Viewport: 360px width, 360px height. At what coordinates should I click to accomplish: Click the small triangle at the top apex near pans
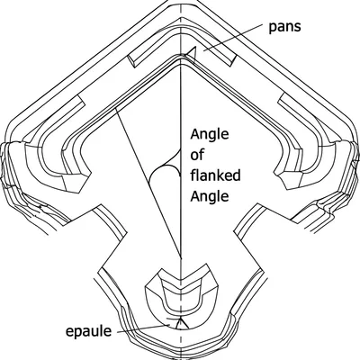pos(188,58)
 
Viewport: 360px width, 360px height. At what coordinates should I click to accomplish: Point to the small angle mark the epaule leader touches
pos(180,320)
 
